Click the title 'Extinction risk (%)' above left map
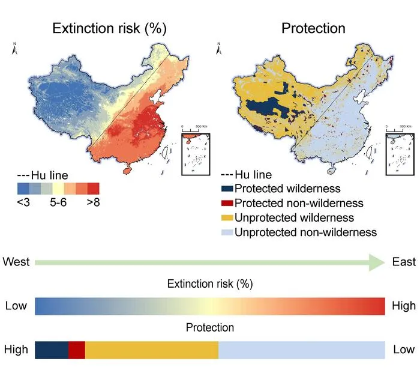[x=109, y=28]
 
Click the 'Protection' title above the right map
[x=313, y=28]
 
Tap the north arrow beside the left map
[x=15, y=49]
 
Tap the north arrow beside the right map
[x=219, y=49]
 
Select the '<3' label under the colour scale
[x=23, y=202]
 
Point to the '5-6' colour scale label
[x=58, y=202]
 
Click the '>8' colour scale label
[x=93, y=202]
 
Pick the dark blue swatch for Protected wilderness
[x=227, y=189]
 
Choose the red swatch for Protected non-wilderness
[x=227, y=203]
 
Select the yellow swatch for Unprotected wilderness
[x=227, y=218]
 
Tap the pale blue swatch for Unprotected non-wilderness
[x=227, y=232]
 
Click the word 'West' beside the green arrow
[x=16, y=262]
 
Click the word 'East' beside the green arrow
[x=404, y=262]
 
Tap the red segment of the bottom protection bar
[x=77, y=350]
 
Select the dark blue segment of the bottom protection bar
[x=52, y=350]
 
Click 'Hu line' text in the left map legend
[x=50, y=175]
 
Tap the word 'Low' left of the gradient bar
[x=16, y=306]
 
